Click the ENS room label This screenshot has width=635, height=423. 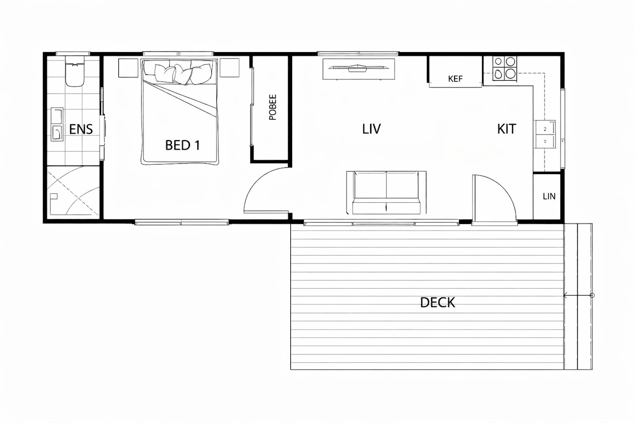[x=81, y=129]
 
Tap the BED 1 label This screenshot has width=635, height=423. [x=182, y=146]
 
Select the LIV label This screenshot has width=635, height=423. [x=371, y=129]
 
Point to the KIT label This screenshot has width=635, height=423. [x=507, y=129]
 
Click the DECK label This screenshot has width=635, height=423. [x=437, y=302]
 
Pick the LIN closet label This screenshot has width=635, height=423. [x=549, y=196]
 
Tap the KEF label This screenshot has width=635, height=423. [x=455, y=79]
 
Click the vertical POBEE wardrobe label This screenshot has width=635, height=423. [x=273, y=107]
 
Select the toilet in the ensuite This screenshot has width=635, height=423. [x=75, y=71]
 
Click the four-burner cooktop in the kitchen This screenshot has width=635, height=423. [x=504, y=68]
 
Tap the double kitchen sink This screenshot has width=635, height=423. [x=545, y=134]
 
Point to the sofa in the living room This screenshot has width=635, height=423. [x=386, y=193]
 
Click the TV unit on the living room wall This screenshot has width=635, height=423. [x=359, y=69]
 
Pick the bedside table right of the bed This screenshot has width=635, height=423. [x=230, y=68]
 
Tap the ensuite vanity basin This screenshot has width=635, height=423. [x=57, y=124]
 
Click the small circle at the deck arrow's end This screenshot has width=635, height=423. [x=592, y=296]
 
